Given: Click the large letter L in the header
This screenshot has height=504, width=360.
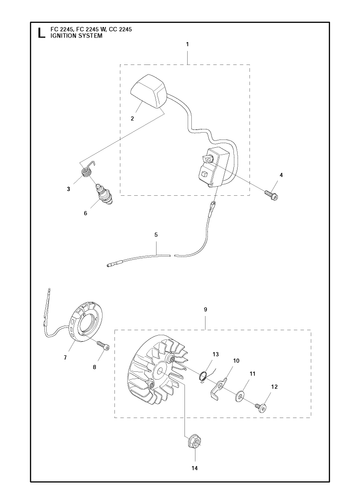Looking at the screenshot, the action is pos(41,33).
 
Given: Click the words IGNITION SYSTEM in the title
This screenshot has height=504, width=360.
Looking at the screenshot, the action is pos(76,36).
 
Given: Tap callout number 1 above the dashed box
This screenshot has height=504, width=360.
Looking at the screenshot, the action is pos(187,44).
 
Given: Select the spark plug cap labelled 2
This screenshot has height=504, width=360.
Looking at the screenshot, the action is pos(149,89).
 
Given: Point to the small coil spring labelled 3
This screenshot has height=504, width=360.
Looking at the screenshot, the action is pos(87,172).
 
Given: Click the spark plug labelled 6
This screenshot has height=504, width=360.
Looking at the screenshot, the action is pos(104,194).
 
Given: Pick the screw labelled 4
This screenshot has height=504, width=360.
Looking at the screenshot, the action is pos(272,195).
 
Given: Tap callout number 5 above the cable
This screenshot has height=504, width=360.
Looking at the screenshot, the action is pos(156,235).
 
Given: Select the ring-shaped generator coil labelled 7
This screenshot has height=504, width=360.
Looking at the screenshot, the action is pos(88,321).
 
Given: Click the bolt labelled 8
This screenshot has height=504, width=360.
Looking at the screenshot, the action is pos(103,345).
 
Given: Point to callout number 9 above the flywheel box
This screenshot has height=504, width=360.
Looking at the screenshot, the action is pos(205,310).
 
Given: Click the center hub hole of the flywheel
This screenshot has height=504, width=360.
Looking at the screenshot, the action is pos(160,371).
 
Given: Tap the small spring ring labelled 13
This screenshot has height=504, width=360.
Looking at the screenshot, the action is pos(203,376).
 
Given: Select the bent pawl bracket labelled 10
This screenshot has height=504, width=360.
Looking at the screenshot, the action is pos(219,388).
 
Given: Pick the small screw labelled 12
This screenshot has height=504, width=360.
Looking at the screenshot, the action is pos(261,407).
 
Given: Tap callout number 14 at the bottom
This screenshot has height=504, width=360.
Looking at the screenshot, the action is pos(195,468).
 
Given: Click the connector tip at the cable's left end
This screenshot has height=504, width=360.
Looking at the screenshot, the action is pos(111,265).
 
